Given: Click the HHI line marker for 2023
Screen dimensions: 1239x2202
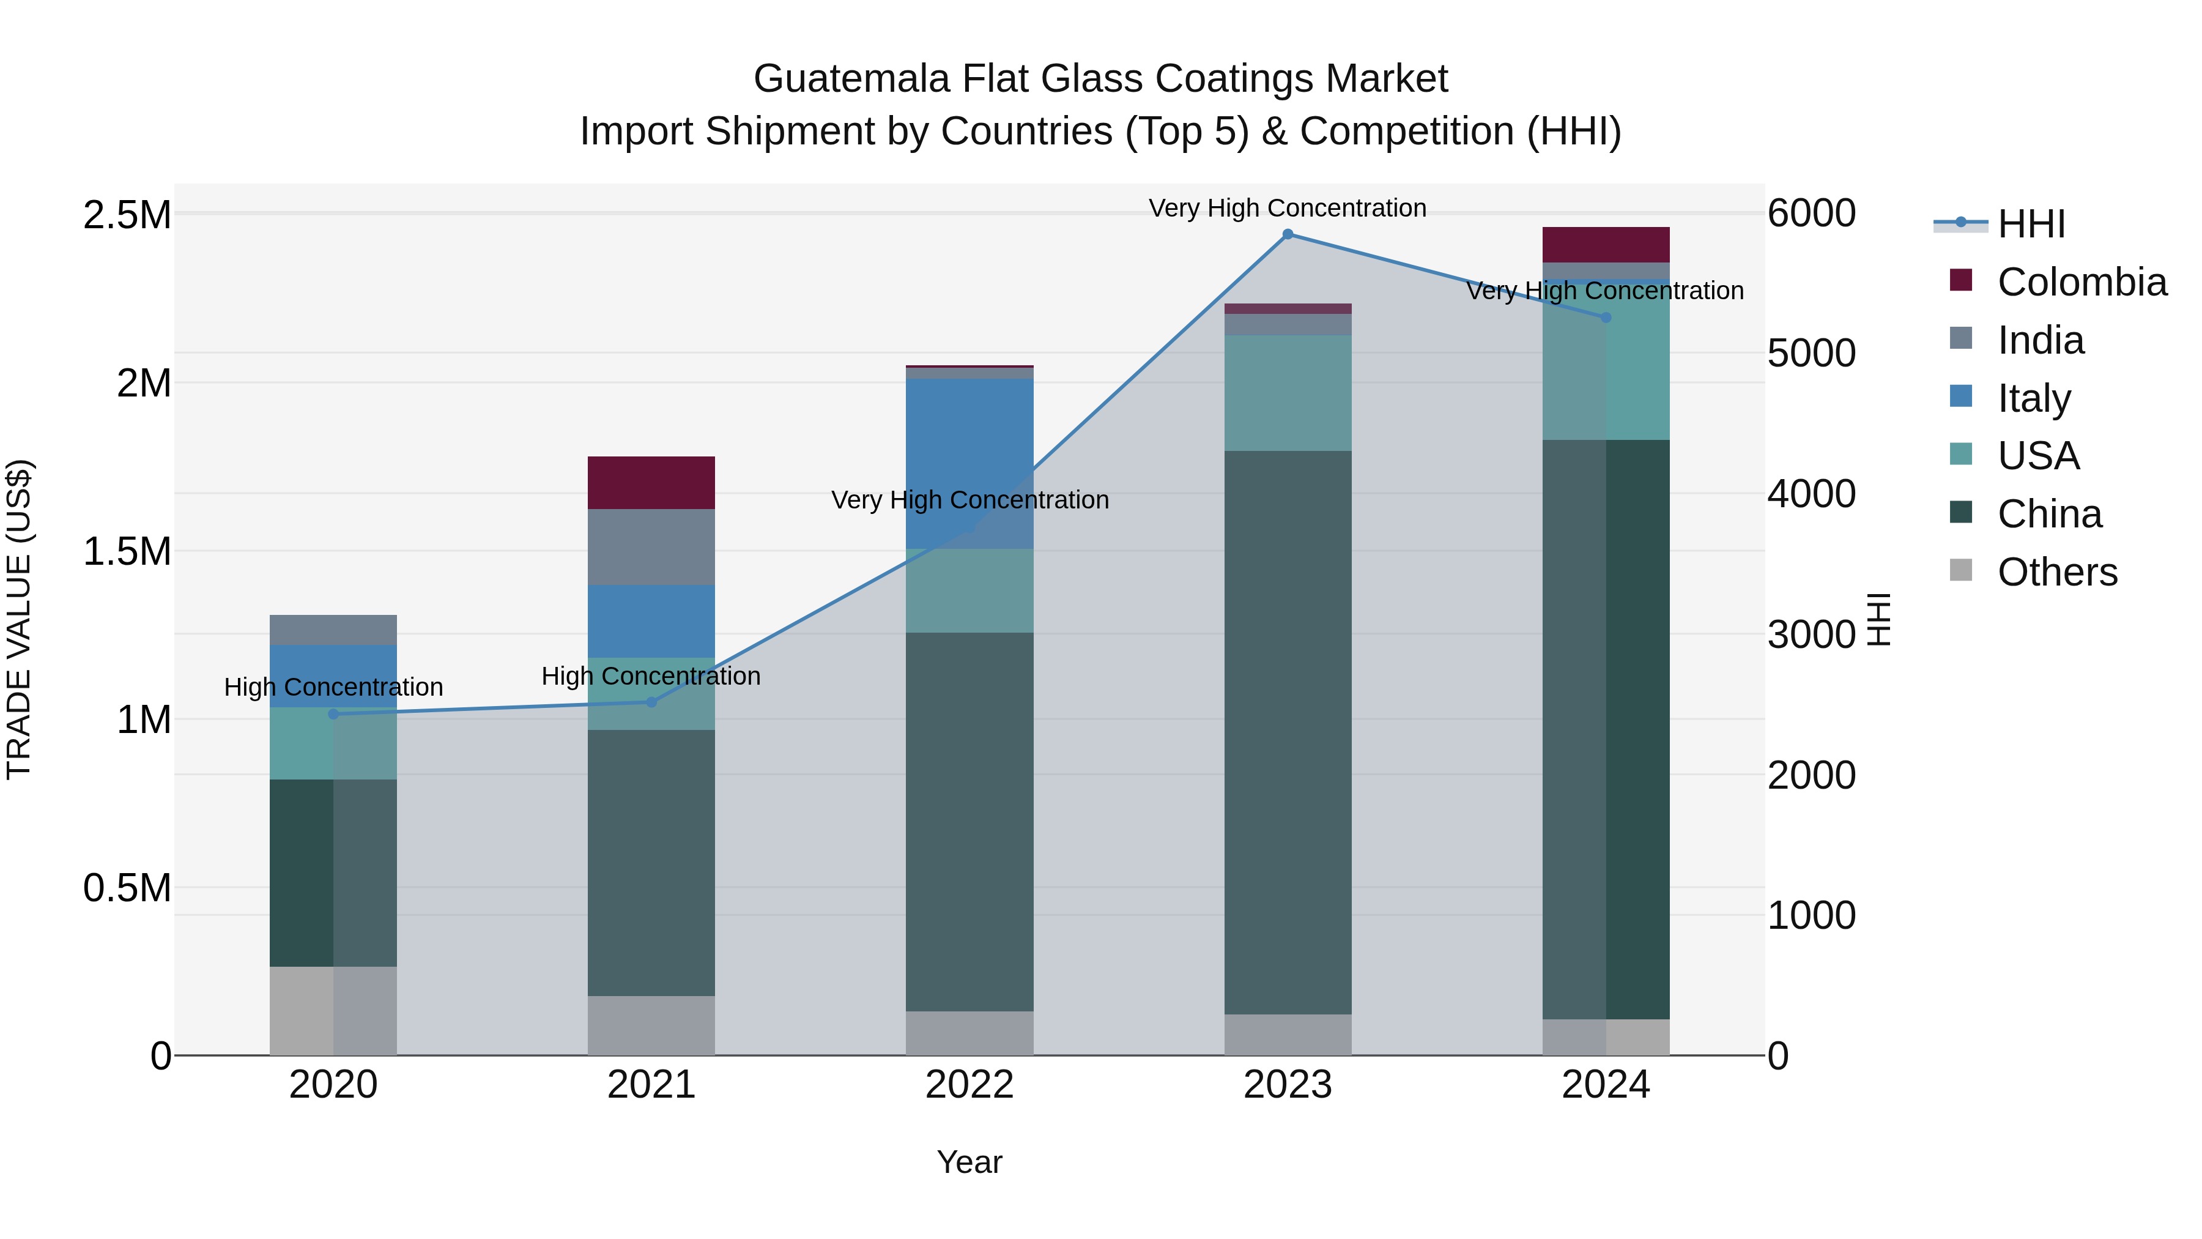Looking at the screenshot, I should [x=1288, y=234].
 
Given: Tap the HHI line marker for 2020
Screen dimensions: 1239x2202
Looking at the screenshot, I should [x=333, y=714].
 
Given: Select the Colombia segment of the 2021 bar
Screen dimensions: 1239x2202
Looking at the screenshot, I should [x=651, y=483].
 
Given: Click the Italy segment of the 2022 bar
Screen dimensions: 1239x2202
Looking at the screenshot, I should [x=969, y=463].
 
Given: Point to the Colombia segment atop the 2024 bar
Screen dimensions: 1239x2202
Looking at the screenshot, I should [x=1606, y=245].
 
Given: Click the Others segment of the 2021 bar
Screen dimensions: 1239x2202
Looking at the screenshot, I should [x=651, y=1025].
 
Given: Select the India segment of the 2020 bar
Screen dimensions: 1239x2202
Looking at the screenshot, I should [x=333, y=630].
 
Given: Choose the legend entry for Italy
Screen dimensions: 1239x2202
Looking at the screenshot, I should [x=2034, y=398].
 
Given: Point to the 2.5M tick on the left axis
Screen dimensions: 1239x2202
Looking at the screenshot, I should [x=127, y=215].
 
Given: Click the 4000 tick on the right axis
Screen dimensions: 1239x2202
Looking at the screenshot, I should [x=1811, y=494].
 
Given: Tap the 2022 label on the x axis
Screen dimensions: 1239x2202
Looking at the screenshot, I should [x=969, y=1085].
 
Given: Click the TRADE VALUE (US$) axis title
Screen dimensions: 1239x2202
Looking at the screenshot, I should [x=19, y=619].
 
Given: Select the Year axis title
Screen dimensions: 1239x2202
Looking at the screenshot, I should [x=969, y=1162].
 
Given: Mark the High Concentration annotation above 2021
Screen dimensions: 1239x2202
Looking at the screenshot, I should [x=651, y=676].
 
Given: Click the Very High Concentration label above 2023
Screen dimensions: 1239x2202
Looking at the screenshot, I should [x=1288, y=208].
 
